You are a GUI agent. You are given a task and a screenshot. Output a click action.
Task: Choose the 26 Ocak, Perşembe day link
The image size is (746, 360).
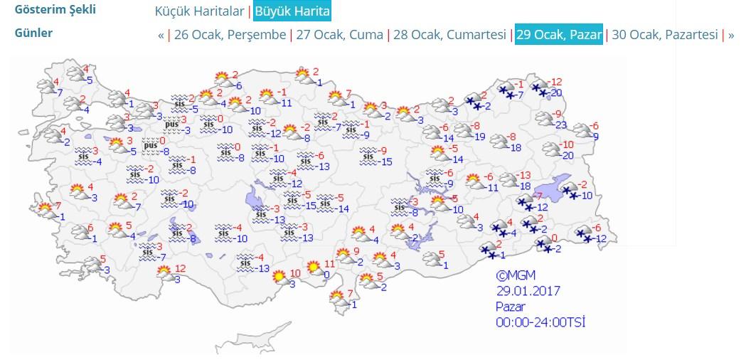click(x=229, y=35)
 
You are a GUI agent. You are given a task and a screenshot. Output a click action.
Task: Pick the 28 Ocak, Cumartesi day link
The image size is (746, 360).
click(x=449, y=35)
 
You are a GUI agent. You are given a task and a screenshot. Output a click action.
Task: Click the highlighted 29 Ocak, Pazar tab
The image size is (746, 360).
click(x=559, y=35)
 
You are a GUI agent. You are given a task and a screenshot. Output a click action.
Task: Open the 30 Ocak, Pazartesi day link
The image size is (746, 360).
click(x=664, y=35)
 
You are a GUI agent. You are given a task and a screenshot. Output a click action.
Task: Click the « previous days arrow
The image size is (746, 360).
click(x=161, y=35)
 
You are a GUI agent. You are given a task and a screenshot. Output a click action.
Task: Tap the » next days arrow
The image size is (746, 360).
click(x=731, y=35)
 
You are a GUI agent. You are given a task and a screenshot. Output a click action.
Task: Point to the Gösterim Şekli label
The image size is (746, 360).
click(x=55, y=11)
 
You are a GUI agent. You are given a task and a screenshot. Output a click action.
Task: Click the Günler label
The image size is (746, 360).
click(x=33, y=33)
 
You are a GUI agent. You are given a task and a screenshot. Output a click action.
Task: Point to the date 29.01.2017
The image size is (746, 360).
click(x=529, y=291)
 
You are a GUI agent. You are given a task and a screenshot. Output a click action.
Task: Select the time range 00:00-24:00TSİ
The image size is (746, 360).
click(x=540, y=322)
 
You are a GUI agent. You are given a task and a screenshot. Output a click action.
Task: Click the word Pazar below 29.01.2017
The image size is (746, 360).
click(x=510, y=307)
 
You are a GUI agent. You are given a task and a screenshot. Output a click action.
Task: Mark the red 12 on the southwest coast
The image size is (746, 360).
click(x=180, y=268)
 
